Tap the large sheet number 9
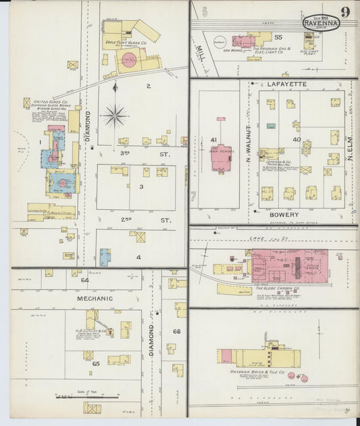346,12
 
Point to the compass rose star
115,116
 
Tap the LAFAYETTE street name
287,84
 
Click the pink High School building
221,150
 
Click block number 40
296,139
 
